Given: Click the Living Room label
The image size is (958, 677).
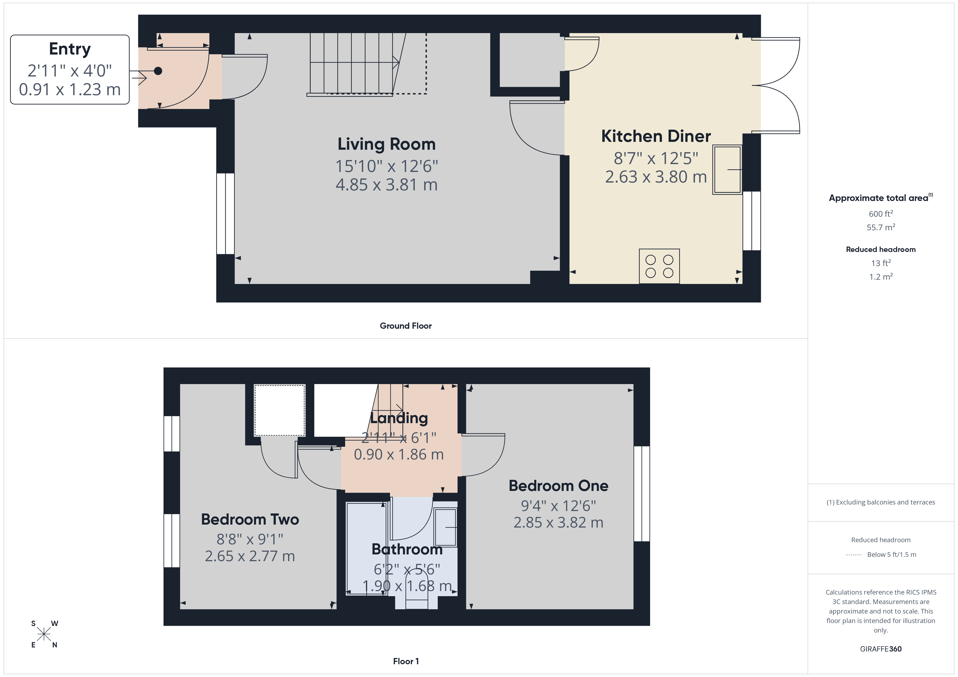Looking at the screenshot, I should [x=386, y=144].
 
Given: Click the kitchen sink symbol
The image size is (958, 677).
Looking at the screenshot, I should [x=727, y=169].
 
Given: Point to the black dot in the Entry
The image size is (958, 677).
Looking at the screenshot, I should [x=158, y=71].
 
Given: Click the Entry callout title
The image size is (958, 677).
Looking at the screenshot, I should [x=70, y=49].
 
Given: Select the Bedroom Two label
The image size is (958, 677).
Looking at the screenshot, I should [x=250, y=519].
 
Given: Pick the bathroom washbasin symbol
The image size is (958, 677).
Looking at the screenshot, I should [x=445, y=527].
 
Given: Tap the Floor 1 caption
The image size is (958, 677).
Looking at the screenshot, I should [x=406, y=661].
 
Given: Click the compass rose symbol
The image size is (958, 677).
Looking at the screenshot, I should [x=44, y=634].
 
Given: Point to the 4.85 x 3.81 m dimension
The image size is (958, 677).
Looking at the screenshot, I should [x=386, y=185].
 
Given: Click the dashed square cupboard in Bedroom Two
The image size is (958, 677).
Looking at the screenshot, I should [x=280, y=410].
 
